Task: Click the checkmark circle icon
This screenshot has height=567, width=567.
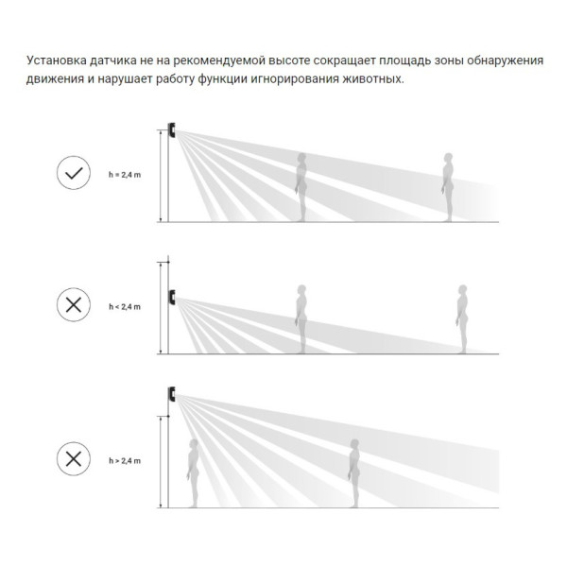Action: point(74,173)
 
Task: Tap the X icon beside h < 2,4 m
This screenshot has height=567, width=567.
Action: point(74,304)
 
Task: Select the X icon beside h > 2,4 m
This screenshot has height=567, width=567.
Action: point(74,458)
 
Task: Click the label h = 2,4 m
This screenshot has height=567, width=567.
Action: point(125,175)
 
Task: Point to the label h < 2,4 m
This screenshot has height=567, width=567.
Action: point(125,306)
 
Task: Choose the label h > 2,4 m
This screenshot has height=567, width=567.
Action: point(125,461)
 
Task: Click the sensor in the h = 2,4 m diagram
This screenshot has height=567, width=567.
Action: point(172,129)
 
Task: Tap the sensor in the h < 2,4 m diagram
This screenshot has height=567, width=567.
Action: point(172,297)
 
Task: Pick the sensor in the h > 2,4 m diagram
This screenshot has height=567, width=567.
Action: point(172,394)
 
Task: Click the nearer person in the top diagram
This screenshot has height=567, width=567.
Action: point(301,187)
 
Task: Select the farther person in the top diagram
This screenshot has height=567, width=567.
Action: point(448,187)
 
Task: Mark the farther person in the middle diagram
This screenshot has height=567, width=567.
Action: point(462,319)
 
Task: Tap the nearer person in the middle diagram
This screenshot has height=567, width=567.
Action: point(301,319)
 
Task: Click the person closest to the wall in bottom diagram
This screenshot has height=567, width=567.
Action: point(193,473)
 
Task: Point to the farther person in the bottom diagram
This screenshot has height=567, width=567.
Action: point(354,473)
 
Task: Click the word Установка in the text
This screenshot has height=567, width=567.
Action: point(57,60)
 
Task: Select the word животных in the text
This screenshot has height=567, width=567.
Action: point(373,78)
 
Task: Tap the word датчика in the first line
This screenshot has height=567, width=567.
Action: point(113,60)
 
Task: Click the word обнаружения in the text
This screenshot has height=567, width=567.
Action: point(505,60)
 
